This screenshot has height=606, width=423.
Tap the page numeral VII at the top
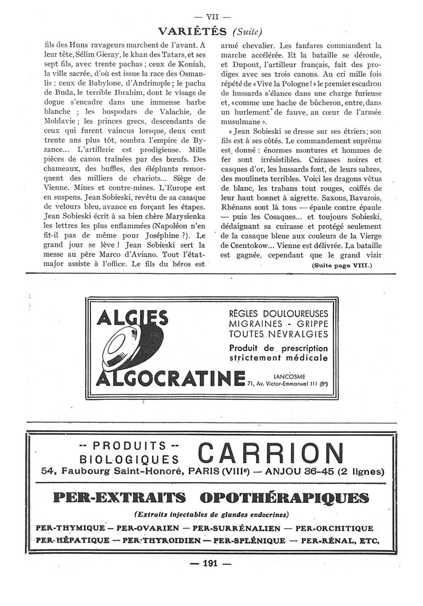click(212, 16)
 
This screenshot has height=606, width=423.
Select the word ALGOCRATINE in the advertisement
click(170, 379)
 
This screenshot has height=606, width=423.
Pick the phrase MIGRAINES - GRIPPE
click(279, 324)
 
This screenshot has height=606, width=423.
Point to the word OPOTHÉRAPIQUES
click(288, 498)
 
